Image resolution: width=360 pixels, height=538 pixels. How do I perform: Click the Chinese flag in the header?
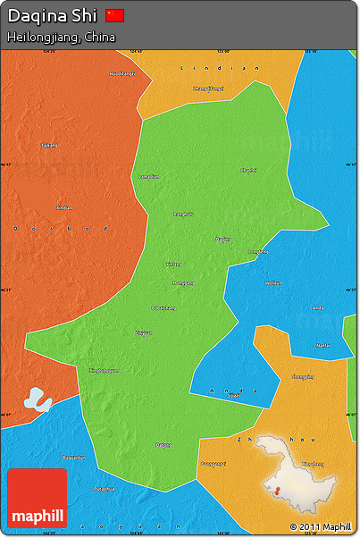pyautogui.click(x=115, y=15)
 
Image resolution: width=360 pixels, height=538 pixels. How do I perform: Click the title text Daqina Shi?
pyautogui.click(x=52, y=16)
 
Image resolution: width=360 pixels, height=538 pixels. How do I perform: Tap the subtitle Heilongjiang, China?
pyautogui.click(x=61, y=37)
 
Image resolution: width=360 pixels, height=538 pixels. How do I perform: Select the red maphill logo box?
pyautogui.click(x=37, y=499)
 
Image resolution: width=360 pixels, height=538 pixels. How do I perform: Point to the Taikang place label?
pyautogui.click(x=48, y=145)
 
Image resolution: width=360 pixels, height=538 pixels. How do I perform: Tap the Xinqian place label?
pyautogui.click(x=64, y=207)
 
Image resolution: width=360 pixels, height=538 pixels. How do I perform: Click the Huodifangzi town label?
pyautogui.click(x=122, y=73)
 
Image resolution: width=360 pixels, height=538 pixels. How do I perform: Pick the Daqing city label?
pyautogui.click(x=223, y=239)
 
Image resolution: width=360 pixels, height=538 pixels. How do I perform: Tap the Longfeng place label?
pyautogui.click(x=257, y=252)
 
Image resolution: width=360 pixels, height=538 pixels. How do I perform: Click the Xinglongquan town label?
pyautogui.click(x=104, y=370)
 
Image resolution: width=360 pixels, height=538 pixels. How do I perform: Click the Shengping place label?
pyautogui.click(x=303, y=377)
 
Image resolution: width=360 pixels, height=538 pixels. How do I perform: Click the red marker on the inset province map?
pyautogui.click(x=277, y=491)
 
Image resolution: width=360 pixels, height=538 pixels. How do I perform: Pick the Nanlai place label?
pyautogui.click(x=322, y=345)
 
